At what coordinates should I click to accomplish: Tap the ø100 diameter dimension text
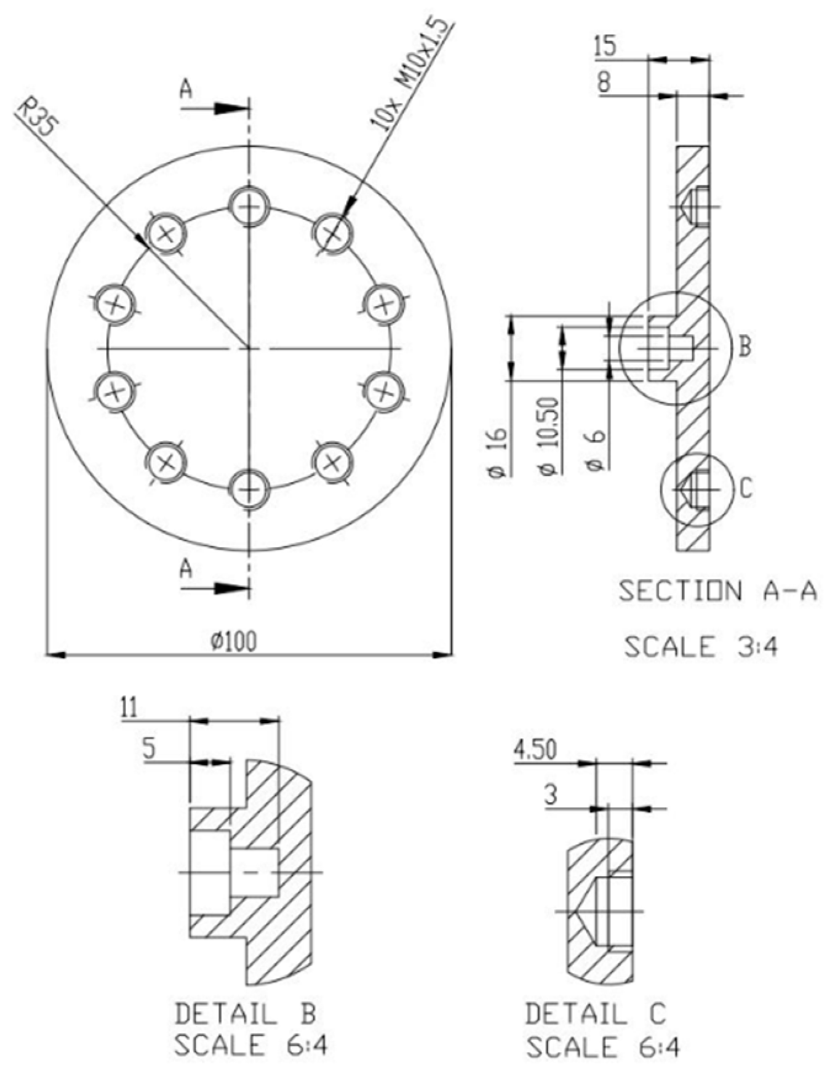234,641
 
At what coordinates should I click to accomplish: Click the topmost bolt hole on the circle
249,206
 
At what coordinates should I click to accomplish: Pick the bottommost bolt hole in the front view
249,490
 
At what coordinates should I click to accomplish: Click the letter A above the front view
186,90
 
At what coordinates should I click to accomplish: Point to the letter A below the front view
186,569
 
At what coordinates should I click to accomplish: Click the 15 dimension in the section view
605,47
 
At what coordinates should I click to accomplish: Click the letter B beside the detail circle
745,347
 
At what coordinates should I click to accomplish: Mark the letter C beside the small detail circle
745,489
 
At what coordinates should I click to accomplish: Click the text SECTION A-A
717,591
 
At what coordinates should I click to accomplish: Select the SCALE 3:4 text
701,647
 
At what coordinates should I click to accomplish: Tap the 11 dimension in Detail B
129,708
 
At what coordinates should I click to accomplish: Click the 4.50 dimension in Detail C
535,751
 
